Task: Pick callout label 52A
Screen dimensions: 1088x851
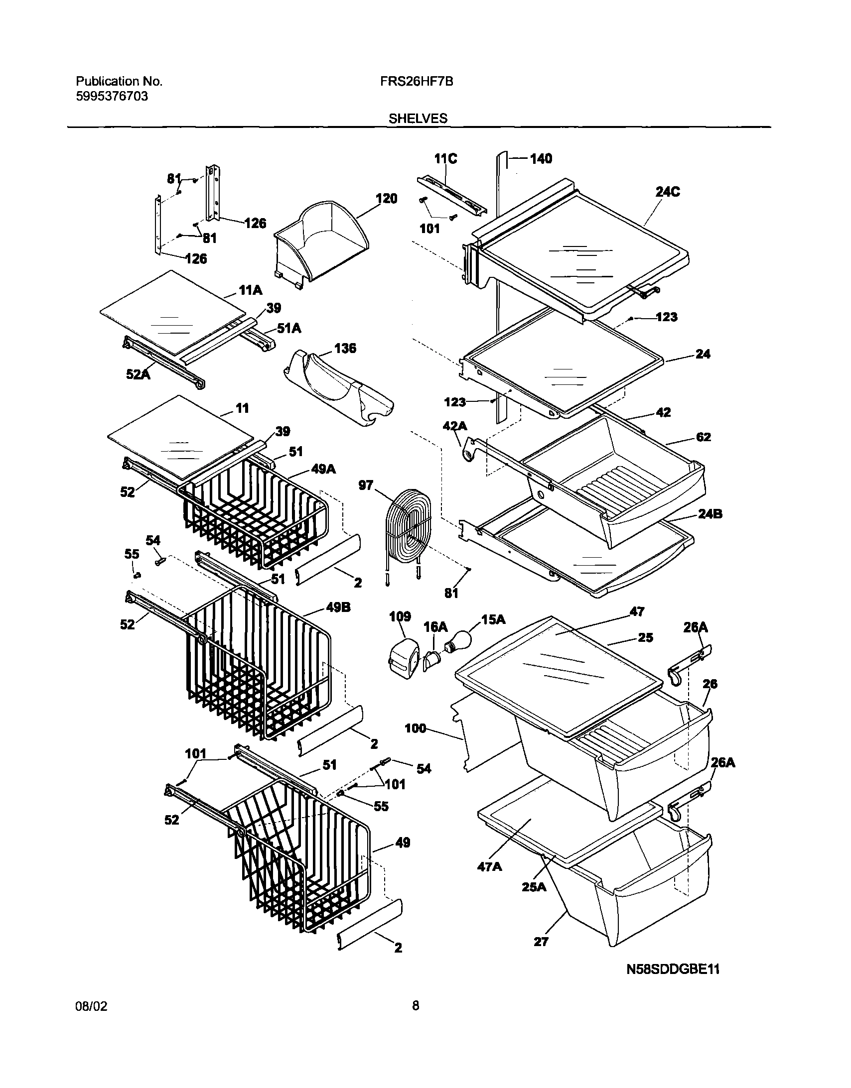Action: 138,374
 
